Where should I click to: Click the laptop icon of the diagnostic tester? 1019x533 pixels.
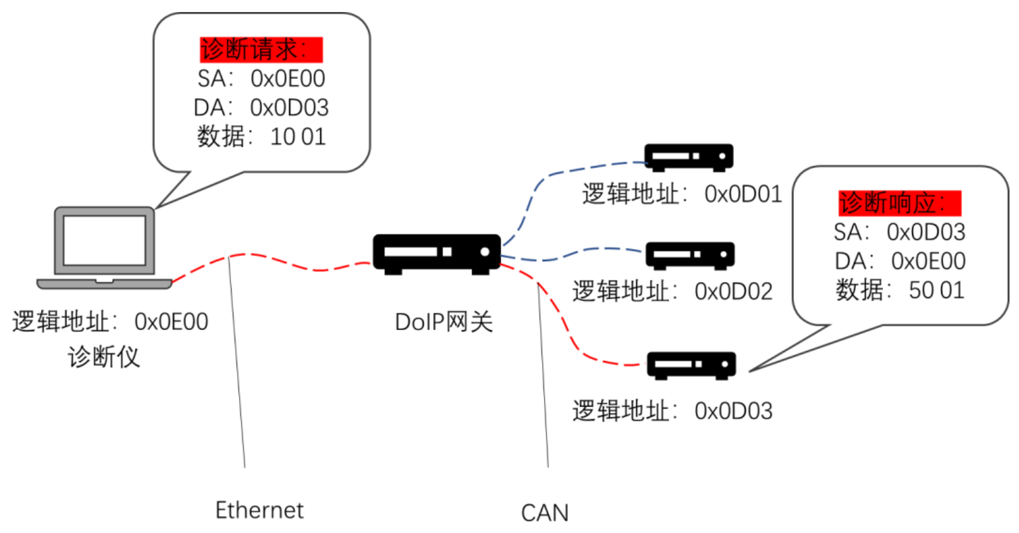coord(104,247)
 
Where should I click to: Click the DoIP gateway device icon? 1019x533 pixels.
coord(436,254)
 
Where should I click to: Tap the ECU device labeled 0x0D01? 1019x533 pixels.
coord(689,157)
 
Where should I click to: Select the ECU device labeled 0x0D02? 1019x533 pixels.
coord(690,255)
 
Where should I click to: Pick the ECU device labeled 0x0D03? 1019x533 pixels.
coord(691,365)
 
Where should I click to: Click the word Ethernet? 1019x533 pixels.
coord(259,510)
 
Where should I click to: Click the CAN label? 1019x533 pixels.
coord(545,513)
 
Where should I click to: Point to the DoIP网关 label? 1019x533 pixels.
coord(443,322)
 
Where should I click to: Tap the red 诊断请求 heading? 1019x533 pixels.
coord(261,49)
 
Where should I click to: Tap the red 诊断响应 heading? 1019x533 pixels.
coord(899,203)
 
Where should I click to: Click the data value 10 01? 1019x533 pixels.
coord(298,137)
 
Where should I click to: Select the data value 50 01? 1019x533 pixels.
coord(937,290)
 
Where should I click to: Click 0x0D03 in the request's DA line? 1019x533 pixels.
coord(290,107)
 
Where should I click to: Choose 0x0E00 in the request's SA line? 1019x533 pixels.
coord(288,78)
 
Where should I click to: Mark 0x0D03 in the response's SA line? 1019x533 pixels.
coord(926,232)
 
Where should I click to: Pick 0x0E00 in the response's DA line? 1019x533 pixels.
coord(929,260)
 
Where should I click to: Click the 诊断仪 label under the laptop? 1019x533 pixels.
coord(104,357)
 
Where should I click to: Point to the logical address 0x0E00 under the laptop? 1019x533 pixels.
coord(171,322)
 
